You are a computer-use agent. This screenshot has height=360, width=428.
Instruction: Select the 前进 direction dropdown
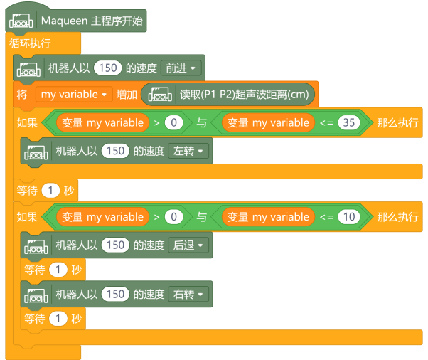pos(181,68)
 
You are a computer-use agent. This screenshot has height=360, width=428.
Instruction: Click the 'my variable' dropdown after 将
pos(74,94)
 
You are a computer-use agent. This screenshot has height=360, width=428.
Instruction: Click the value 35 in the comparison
pos(348,122)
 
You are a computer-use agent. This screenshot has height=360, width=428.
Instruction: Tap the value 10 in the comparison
pos(348,217)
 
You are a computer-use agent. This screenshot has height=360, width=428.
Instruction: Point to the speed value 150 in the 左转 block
pos(116,151)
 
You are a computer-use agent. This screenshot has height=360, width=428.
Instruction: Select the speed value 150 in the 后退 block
pos(116,245)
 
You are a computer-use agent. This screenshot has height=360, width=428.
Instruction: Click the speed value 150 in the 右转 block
pos(116,294)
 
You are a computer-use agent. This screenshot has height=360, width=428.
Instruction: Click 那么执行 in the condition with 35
pos(397,122)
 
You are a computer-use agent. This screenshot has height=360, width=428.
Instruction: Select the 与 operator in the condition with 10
pos(202,217)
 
